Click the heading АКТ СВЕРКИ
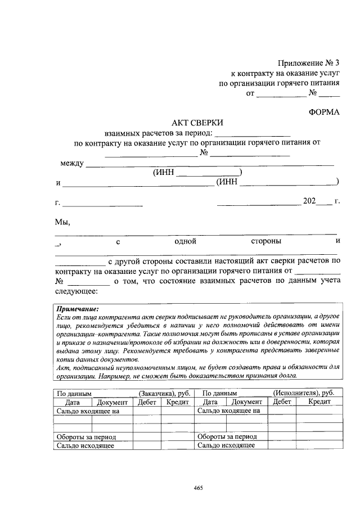coord(197,122)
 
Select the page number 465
coord(197,487)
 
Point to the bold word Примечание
coord(77,309)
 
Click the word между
coord(71,164)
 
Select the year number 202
coord(310,201)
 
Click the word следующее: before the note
coord(76,291)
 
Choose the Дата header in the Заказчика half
coord(73,402)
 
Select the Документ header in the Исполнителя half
coord(246,402)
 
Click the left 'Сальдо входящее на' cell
coord(88,411)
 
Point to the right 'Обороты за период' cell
coord(227,436)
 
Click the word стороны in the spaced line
coord(266,241)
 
